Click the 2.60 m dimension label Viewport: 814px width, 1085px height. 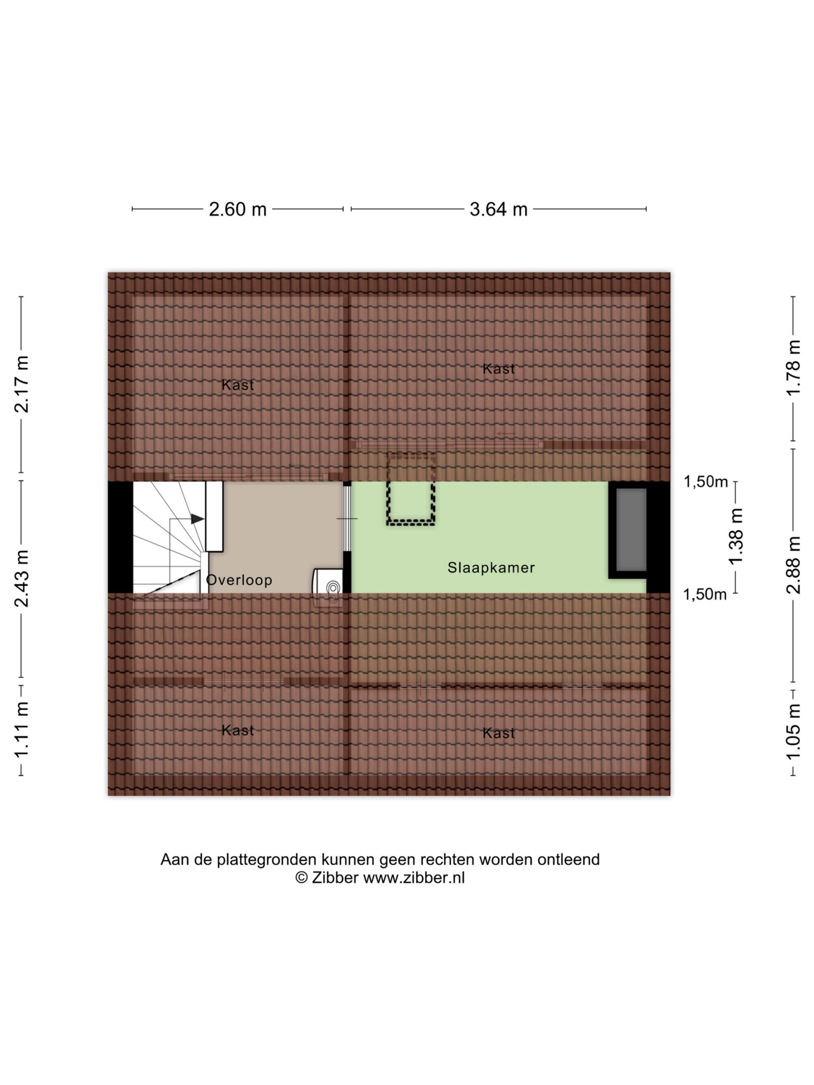pos(237,209)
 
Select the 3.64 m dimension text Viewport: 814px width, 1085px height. pos(499,209)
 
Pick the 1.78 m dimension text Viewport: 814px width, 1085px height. pos(793,368)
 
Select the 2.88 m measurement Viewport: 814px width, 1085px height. pos(793,565)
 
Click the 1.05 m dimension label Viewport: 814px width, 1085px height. pos(793,732)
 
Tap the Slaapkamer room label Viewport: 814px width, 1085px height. pos(491,568)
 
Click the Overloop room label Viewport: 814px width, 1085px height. pos(239,580)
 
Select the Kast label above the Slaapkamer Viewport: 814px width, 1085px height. pos(499,369)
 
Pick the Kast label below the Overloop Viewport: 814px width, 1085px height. pos(238,730)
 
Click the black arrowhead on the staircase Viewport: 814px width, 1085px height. pos(198,518)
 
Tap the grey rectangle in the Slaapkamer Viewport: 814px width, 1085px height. pos(631,530)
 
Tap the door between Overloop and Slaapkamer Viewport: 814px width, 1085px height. pos(347,518)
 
